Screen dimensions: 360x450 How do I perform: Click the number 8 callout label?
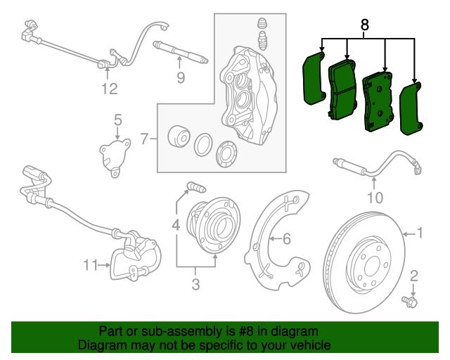point(364,25)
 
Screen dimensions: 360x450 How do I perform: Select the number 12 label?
point(108,89)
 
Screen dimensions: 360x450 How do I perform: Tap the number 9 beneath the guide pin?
point(181,78)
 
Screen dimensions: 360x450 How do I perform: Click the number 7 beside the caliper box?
point(144,139)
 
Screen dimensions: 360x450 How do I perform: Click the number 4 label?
point(176,226)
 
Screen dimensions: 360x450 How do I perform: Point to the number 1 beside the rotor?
point(420,233)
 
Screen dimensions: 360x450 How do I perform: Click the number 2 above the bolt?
point(413,276)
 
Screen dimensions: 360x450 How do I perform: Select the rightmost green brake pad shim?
point(410,109)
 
